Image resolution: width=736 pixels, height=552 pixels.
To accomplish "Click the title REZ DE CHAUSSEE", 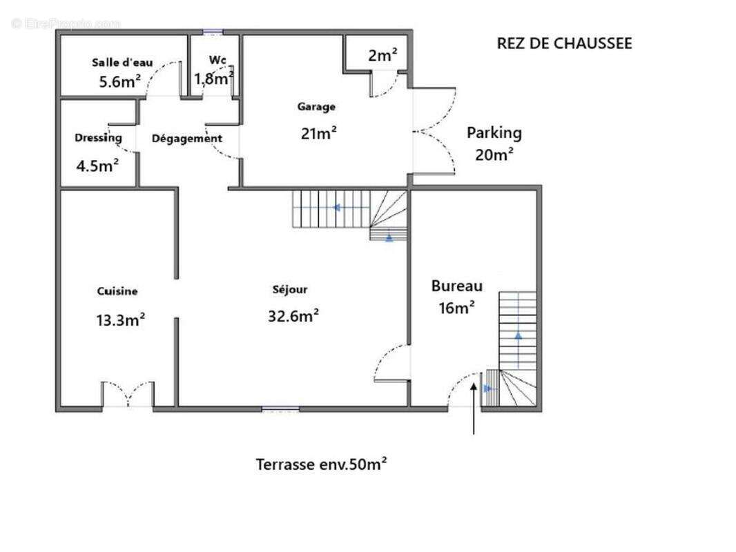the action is (x=564, y=43).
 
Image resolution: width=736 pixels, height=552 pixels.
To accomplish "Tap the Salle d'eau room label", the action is (x=122, y=62).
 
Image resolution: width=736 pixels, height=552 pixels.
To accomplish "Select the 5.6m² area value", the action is (x=119, y=81).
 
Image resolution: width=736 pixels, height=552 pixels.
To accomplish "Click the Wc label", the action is (x=217, y=60).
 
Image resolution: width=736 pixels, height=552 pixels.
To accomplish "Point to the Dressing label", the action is (x=98, y=138).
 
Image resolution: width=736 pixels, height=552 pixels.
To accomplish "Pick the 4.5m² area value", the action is (x=97, y=165).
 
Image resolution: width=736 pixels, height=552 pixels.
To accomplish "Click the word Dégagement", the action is (x=187, y=139).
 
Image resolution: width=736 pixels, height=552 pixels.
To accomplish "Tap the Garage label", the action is (x=316, y=107).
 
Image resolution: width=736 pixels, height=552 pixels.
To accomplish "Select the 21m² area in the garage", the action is (x=319, y=133).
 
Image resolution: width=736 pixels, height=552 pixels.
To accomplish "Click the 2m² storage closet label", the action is (x=382, y=55).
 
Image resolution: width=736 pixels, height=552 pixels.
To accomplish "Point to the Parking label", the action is (x=494, y=133).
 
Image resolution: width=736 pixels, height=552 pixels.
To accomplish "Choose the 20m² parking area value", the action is (x=494, y=155).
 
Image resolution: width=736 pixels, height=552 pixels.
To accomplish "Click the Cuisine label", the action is (x=117, y=291).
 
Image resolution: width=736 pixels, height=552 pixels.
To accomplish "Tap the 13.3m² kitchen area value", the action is (x=120, y=320).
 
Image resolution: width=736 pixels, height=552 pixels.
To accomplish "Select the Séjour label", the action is (x=290, y=290).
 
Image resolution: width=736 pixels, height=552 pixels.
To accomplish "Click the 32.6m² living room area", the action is (x=293, y=315).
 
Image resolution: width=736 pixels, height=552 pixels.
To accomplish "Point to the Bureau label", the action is (x=456, y=286).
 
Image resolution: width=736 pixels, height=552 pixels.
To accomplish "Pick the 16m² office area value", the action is (x=456, y=308).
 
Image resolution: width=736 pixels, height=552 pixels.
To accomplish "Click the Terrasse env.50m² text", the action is (x=321, y=464).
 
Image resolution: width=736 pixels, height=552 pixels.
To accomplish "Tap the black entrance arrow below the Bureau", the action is (x=474, y=408).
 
